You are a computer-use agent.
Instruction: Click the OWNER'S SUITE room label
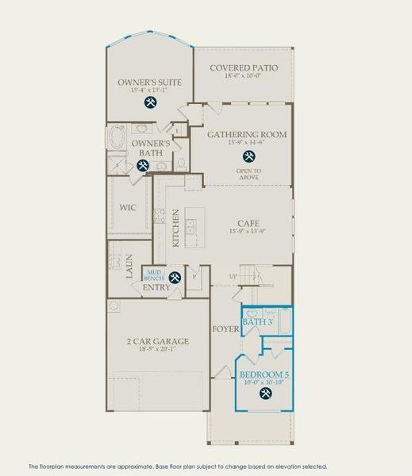[x=150, y=82]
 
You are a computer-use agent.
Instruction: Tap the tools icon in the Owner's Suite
[x=150, y=102]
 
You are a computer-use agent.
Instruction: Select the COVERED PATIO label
[x=244, y=67]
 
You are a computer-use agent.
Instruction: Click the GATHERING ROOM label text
[x=246, y=134]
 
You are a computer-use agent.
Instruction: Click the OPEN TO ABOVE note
[x=247, y=174]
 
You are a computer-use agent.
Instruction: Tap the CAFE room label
[x=248, y=224]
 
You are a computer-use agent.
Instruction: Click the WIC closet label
[x=128, y=208]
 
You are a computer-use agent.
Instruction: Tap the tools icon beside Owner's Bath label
[x=143, y=165]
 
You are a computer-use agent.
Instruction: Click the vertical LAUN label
[x=128, y=264]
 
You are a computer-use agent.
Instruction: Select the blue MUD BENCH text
[x=153, y=274]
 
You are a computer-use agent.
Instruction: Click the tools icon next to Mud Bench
[x=174, y=277]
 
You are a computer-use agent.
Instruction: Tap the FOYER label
[x=222, y=328]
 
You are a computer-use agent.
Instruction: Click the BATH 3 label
[x=256, y=322]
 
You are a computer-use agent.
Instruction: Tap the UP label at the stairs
[x=233, y=276]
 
